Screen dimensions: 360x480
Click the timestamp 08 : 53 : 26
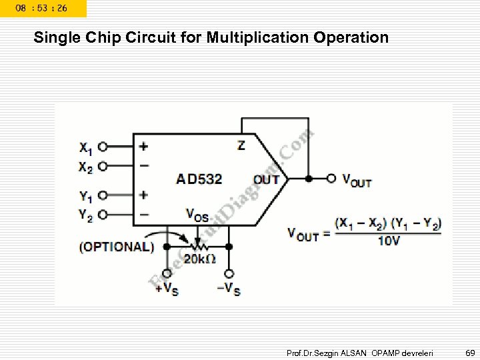pyautogui.click(x=42, y=8)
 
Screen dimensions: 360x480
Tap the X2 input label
pyautogui.click(x=85, y=167)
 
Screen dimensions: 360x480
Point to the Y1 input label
pyautogui.click(x=85, y=196)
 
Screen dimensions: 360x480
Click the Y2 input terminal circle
pyautogui.click(x=103, y=215)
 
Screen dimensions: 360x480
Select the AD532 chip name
pyautogui.click(x=199, y=179)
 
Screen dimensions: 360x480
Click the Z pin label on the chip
pyautogui.click(x=241, y=145)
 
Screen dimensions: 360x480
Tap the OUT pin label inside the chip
pyautogui.click(x=266, y=179)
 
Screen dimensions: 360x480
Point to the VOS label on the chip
pyautogui.click(x=197, y=215)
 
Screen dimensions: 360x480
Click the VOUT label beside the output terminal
pyautogui.click(x=357, y=179)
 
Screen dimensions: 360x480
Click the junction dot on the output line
pyautogui.click(x=309, y=179)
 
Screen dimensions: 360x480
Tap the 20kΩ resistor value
pyautogui.click(x=199, y=259)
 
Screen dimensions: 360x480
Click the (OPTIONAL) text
pyautogui.click(x=116, y=247)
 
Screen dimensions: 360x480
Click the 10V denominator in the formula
pyautogui.click(x=388, y=241)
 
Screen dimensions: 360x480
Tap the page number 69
pyautogui.click(x=469, y=351)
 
